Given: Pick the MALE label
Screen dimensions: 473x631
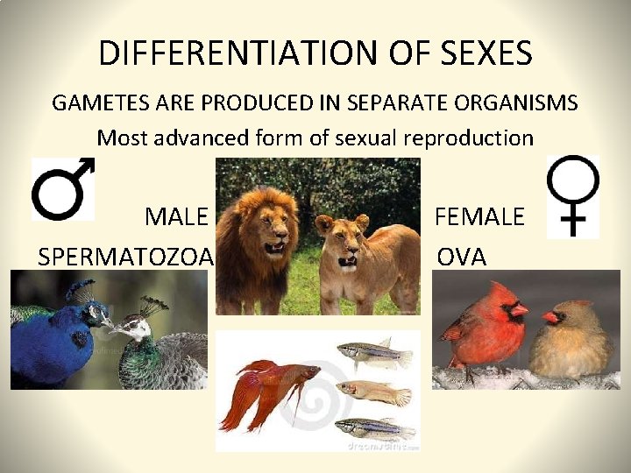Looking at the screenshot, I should click(x=177, y=216).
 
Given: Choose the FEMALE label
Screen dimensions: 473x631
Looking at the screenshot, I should click(x=479, y=216).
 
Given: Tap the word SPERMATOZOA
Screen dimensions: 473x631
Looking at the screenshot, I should click(x=126, y=257).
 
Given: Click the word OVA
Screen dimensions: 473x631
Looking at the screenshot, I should click(x=462, y=257).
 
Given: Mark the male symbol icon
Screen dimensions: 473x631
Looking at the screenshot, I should click(x=62, y=188).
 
